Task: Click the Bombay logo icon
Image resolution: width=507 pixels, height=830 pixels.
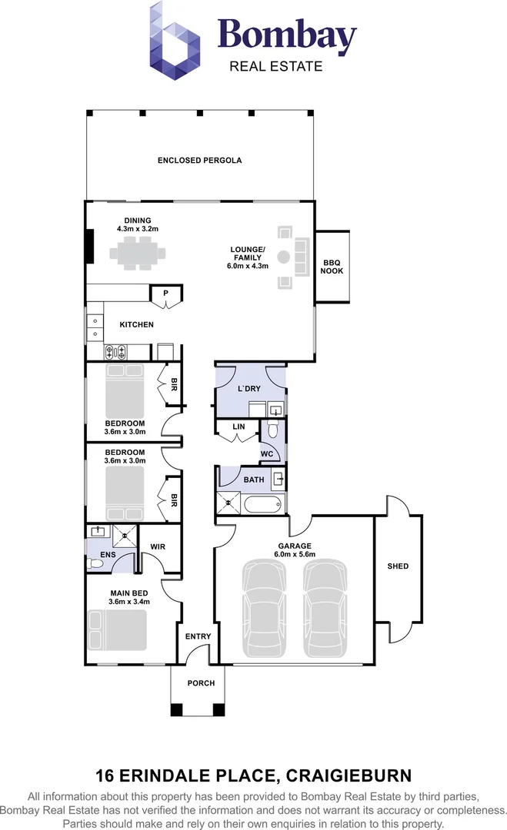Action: point(175,41)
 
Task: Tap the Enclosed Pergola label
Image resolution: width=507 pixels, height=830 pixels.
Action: point(200,161)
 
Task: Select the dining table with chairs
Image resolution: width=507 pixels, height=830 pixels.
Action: point(137,253)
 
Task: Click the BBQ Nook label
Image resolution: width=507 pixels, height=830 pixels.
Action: point(332,267)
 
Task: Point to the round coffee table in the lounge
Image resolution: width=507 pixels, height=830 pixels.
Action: point(283,257)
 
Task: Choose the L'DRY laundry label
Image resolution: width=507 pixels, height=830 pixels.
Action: point(249,389)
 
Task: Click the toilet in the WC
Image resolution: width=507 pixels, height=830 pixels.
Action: point(272,428)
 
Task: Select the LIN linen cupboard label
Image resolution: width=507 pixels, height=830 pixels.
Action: point(239,426)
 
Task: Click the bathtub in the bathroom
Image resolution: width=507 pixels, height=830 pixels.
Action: point(263,503)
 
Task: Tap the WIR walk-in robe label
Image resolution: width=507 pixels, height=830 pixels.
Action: point(158,547)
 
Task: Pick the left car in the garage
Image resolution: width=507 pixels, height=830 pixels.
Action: point(264,609)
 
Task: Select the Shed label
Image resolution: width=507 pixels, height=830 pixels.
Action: point(398,566)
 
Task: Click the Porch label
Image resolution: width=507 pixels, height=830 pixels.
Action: point(202,683)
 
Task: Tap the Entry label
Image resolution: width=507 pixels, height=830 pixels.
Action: point(198,636)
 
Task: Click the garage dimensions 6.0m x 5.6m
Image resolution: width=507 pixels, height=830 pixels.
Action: point(295,554)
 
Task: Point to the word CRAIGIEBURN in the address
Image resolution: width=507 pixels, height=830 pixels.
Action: point(349,776)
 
